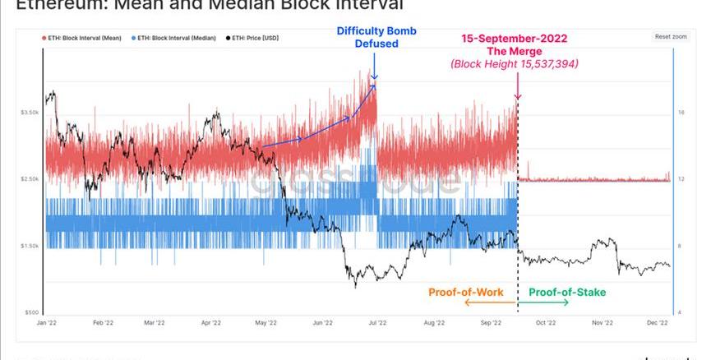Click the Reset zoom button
(671, 37)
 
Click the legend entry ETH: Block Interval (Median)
(178, 38)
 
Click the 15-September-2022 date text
(513, 39)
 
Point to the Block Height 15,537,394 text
(515, 63)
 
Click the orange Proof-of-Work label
(465, 292)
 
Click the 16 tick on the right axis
(681, 112)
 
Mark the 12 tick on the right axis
(681, 179)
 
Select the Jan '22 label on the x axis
(47, 324)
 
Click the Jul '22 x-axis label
(378, 324)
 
